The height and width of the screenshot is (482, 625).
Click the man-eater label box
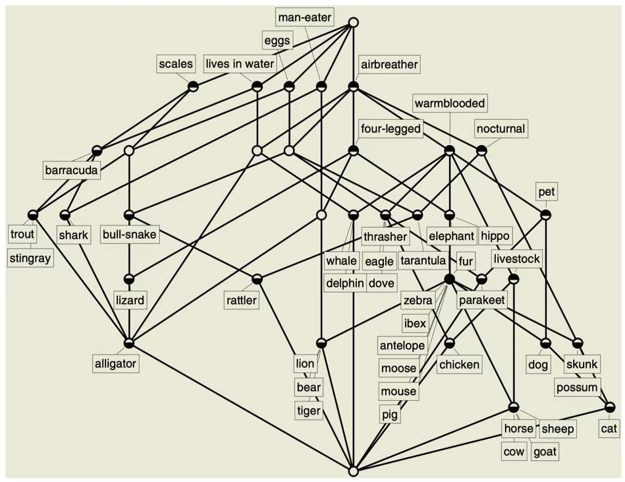pyautogui.click(x=304, y=16)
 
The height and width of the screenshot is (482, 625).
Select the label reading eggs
pyautogui.click(x=277, y=40)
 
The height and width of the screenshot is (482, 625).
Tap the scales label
pyautogui.click(x=177, y=64)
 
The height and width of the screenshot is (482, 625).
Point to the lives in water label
pyautogui.click(x=239, y=64)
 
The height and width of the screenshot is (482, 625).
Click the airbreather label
pyautogui.click(x=389, y=64)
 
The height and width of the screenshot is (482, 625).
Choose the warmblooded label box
pyautogui.click(x=450, y=103)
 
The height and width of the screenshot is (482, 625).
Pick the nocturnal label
pyautogui.click(x=501, y=129)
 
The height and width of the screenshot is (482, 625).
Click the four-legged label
pyautogui.click(x=391, y=128)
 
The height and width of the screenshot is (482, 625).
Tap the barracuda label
pyautogui.click(x=72, y=171)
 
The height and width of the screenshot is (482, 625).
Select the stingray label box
pyautogui.click(x=30, y=258)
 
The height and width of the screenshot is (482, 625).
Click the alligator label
pyautogui.click(x=116, y=363)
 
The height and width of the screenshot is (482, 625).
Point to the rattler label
pyautogui.click(x=242, y=301)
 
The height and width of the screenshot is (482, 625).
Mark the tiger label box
pyautogui.click(x=308, y=411)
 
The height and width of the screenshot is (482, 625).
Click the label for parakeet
pyautogui.click(x=481, y=301)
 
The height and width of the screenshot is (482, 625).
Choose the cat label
pyautogui.click(x=609, y=429)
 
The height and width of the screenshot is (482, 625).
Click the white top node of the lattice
pyautogui.click(x=353, y=22)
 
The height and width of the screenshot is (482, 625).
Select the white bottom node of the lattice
pyautogui.click(x=353, y=471)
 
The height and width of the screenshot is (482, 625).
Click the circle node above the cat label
pyautogui.click(x=610, y=407)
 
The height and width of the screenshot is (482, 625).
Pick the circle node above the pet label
pyautogui.click(x=545, y=215)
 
